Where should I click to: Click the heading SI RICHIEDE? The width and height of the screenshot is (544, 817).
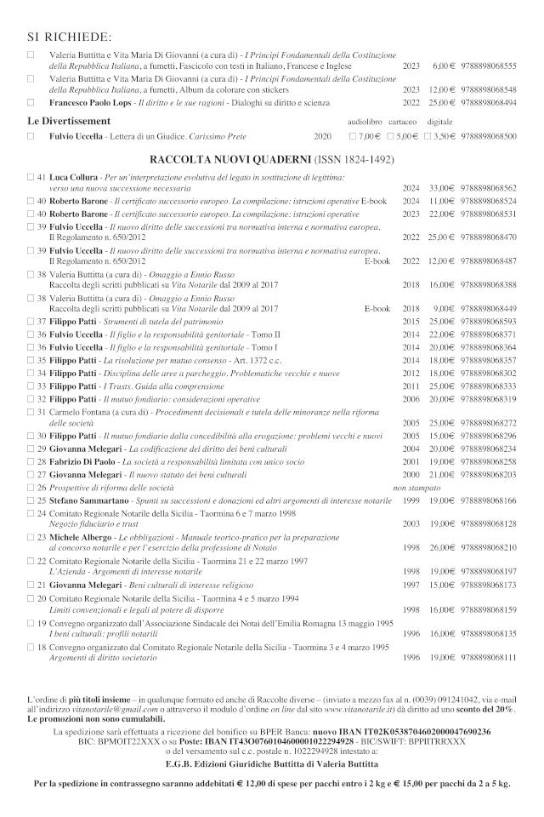point(70,37)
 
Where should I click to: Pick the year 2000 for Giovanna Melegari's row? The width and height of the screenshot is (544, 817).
point(412,473)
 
